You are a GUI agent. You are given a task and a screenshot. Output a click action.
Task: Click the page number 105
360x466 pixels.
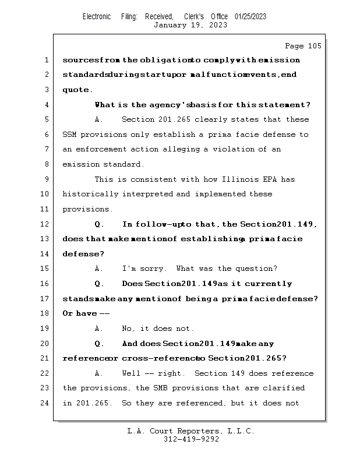[x=312, y=46]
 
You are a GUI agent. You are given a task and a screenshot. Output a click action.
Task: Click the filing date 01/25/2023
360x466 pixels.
[x=250, y=16]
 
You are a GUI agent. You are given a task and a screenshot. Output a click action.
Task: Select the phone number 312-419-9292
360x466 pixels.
[x=191, y=440]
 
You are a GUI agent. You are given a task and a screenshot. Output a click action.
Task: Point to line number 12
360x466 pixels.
[x=45, y=224]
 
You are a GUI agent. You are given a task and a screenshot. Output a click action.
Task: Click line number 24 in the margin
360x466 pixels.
[x=45, y=403]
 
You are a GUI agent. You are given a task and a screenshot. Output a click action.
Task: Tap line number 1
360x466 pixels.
[x=45, y=60]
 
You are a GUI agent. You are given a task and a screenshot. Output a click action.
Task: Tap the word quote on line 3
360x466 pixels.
[x=76, y=90]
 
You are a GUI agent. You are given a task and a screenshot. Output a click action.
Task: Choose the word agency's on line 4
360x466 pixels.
[x=171, y=105]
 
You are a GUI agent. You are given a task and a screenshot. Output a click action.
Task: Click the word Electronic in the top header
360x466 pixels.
[x=97, y=16]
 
